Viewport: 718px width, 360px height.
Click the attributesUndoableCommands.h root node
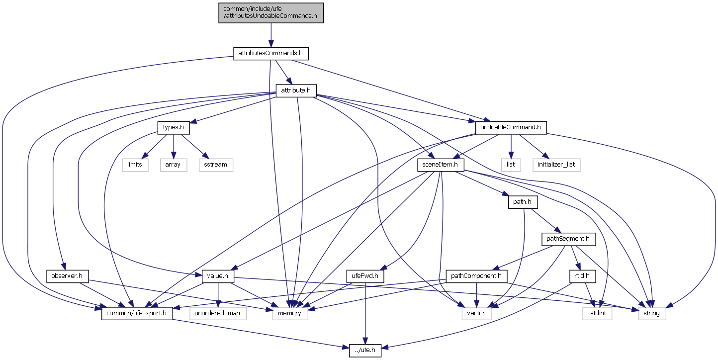pyautogui.click(x=271, y=12)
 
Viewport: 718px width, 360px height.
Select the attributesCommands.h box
pyautogui.click(x=271, y=53)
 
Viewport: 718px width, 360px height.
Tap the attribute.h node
pyautogui.click(x=296, y=90)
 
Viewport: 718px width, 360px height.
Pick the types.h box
pyautogui.click(x=174, y=127)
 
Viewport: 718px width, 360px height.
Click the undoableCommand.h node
pyautogui.click(x=511, y=127)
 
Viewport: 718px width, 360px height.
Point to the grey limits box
pyautogui.click(x=135, y=165)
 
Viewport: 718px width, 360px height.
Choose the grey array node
pyautogui.click(x=174, y=165)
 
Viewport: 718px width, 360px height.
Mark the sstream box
pyautogui.click(x=216, y=165)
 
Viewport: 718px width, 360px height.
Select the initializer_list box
pyautogui.click(x=556, y=165)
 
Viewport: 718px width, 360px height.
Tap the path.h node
pyautogui.click(x=523, y=202)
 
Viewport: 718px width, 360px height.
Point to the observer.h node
pyautogui.click(x=67, y=275)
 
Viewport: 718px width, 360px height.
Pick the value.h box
pyautogui.click(x=217, y=275)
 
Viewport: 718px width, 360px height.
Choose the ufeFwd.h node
pyautogui.click(x=364, y=275)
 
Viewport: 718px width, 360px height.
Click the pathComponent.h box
pyautogui.click(x=477, y=275)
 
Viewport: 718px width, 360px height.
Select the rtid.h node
pyautogui.click(x=582, y=275)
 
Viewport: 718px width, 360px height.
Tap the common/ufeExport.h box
pyautogui.click(x=137, y=313)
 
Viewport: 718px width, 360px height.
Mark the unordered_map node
pyautogui.click(x=218, y=313)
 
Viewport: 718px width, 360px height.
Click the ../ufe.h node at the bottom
pyautogui.click(x=365, y=351)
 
